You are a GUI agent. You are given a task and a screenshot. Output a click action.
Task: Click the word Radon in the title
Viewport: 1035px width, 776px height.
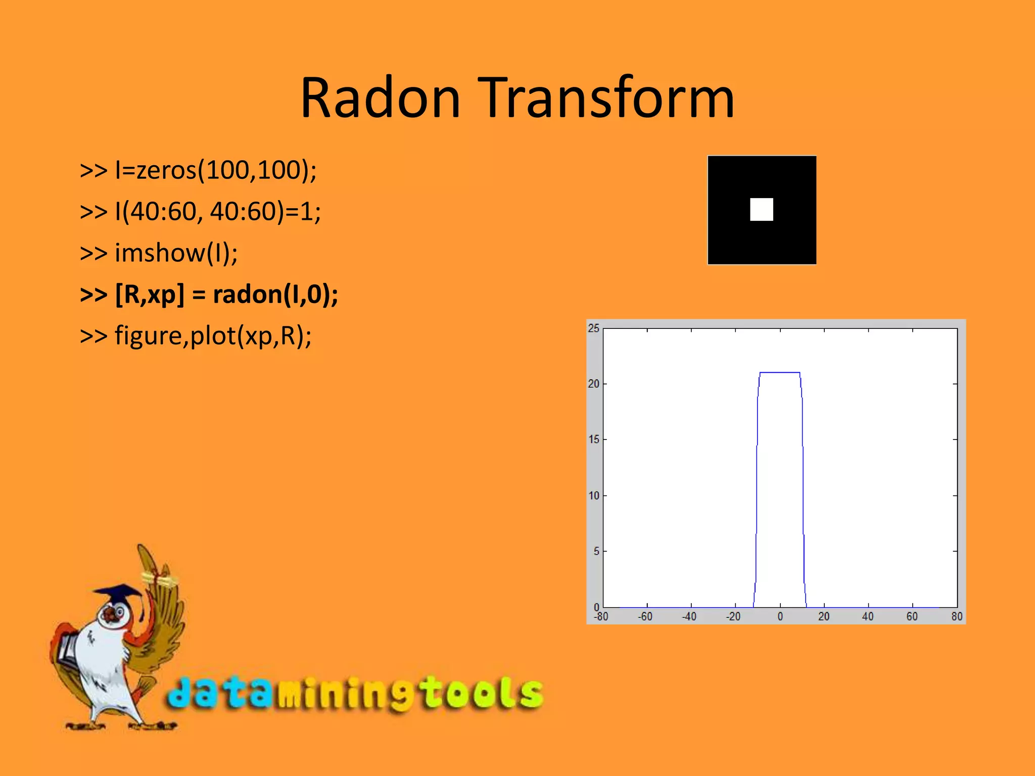coord(380,98)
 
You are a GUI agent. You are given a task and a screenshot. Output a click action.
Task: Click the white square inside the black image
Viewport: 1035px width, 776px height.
coord(761,209)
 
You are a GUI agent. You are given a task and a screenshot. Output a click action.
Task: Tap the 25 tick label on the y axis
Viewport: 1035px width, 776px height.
coord(593,328)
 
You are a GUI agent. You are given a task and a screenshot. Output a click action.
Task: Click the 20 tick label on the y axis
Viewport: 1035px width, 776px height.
coord(593,384)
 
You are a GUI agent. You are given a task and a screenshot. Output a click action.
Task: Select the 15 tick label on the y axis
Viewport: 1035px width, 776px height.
coord(593,440)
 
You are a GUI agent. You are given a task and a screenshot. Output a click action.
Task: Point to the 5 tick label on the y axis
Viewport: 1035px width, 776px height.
coord(596,551)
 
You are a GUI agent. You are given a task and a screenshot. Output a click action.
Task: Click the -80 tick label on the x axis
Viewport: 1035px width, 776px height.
coord(601,616)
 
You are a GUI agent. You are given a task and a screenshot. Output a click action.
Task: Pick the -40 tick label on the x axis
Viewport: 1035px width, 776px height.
coord(689,616)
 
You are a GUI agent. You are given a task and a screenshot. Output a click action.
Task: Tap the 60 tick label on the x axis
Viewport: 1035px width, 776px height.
coord(912,616)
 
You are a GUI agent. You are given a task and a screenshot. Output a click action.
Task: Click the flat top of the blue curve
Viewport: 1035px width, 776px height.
coord(780,372)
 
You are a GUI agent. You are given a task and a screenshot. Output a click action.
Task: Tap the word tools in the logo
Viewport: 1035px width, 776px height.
coord(483,693)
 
